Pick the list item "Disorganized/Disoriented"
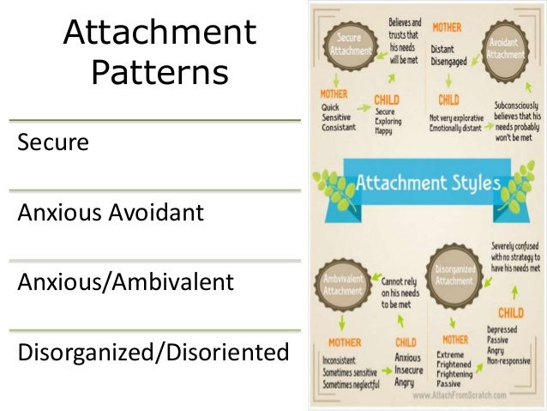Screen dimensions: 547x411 pyautogui.click(x=151, y=352)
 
